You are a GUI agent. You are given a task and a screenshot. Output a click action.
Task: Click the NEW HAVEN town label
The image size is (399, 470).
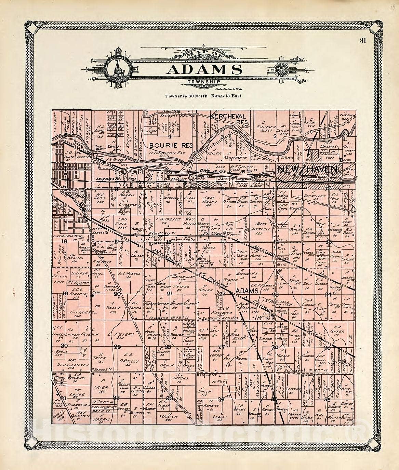pyautogui.click(x=308, y=169)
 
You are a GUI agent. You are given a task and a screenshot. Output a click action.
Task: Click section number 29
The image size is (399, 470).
pyautogui.click(x=117, y=347)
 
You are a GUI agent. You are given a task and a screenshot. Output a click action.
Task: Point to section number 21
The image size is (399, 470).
pyautogui.click(x=170, y=294)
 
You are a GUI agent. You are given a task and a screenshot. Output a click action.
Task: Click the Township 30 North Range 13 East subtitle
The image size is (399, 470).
pyautogui.click(x=203, y=96)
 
